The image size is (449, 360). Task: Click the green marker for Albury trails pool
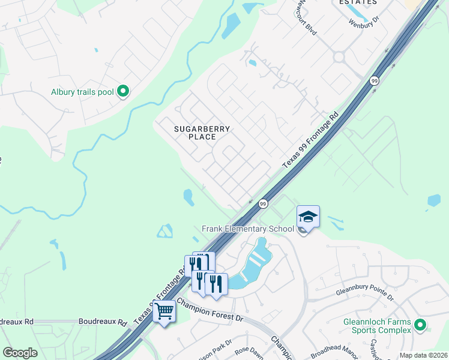pos(123,92)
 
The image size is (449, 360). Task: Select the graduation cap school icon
pos(308,216)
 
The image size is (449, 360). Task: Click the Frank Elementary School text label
pos(248,229)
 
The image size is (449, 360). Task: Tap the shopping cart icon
pos(164,311)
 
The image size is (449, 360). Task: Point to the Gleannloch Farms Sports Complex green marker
pos(420,326)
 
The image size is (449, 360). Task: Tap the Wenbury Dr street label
pos(364,22)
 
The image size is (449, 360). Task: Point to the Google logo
pos(20,353)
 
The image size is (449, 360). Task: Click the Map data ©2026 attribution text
pos(423,355)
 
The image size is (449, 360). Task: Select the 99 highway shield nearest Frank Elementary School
pos(263,205)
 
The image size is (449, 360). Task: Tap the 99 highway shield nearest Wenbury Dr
pos(374,81)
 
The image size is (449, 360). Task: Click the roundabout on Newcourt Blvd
pos(339,58)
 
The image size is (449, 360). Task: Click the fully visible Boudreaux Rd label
pos(103,322)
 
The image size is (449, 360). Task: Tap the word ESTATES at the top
pos(358,2)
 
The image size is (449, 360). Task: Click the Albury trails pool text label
pos(83,92)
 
